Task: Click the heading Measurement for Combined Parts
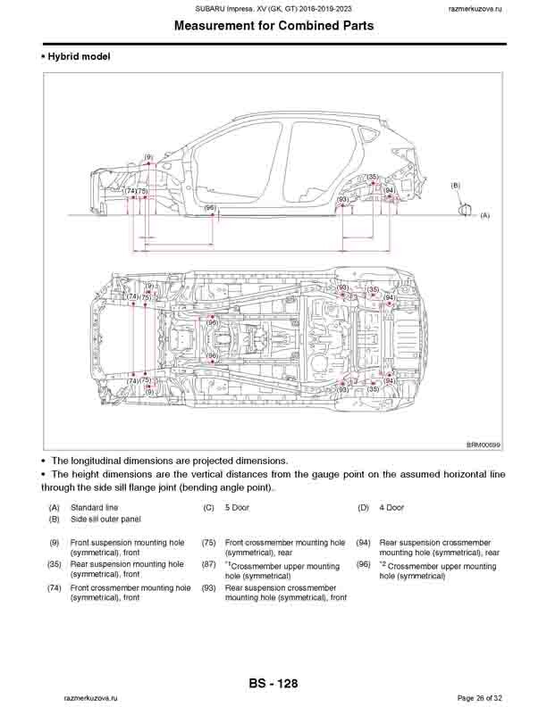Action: (273, 26)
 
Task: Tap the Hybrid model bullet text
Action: (78, 56)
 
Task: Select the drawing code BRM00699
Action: (484, 444)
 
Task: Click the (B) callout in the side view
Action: (456, 185)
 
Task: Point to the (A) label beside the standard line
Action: (485, 215)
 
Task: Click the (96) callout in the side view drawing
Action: (211, 207)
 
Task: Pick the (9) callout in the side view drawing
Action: (148, 157)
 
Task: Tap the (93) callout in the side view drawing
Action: (342, 199)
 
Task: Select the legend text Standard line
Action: (94, 507)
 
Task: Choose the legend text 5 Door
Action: (237, 507)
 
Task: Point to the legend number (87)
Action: (209, 565)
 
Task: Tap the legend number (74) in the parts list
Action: (55, 588)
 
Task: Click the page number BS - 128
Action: (273, 684)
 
